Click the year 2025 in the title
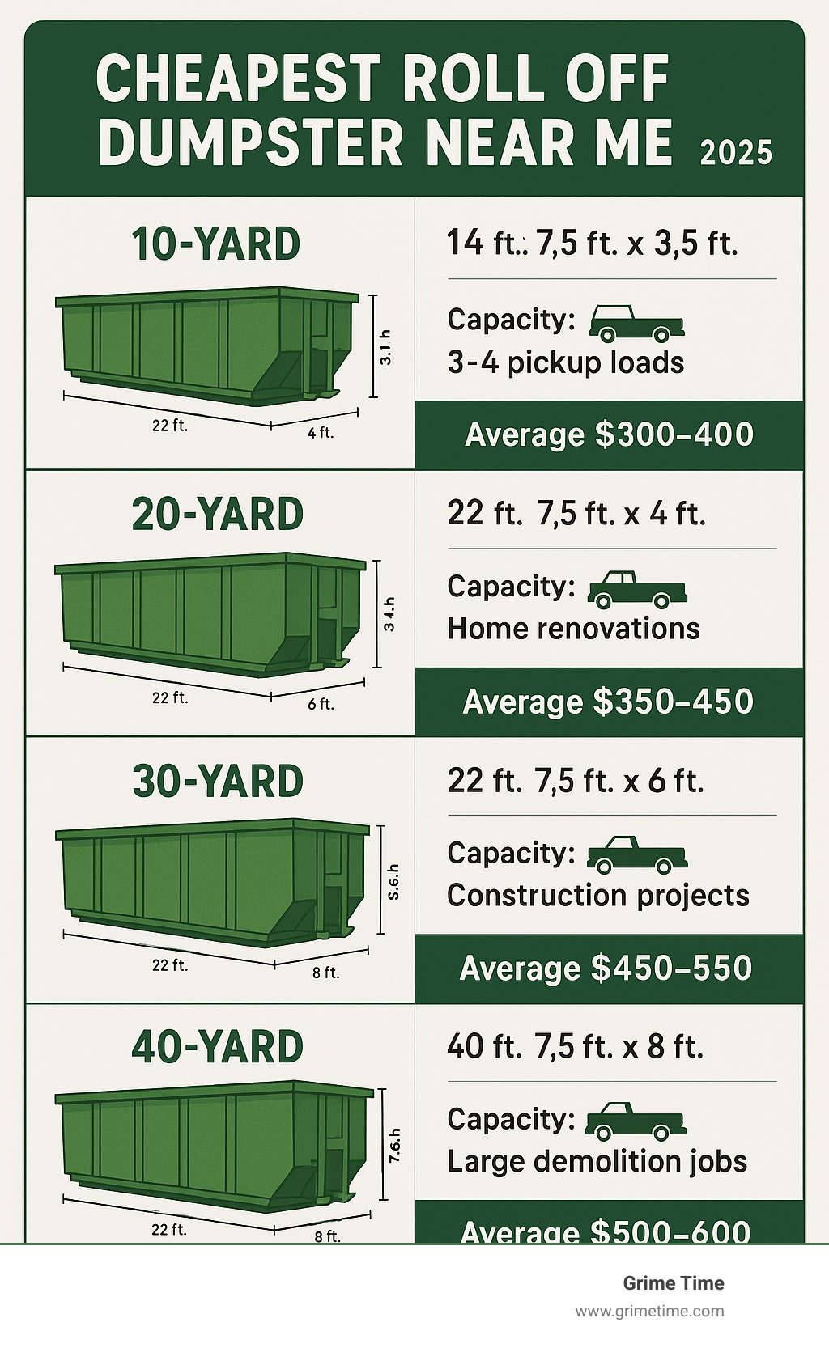(x=736, y=152)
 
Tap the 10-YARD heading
(x=215, y=244)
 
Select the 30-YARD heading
(x=218, y=782)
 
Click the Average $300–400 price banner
(x=609, y=434)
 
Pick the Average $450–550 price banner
(x=606, y=969)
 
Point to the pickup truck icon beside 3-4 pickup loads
(x=636, y=323)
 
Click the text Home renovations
(x=573, y=629)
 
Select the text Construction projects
(x=597, y=895)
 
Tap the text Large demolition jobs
(x=597, y=1161)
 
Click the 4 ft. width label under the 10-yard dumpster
(x=321, y=433)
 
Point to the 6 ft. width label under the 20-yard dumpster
(x=321, y=704)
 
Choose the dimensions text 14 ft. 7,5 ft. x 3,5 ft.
(x=592, y=243)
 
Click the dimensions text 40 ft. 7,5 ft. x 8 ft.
(x=575, y=1046)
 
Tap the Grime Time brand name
(x=673, y=1283)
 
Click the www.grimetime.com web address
(x=649, y=1312)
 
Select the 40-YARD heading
(x=217, y=1048)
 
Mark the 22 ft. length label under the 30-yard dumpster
(x=170, y=964)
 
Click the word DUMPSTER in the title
(x=250, y=142)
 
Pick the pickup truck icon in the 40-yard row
(x=636, y=1121)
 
